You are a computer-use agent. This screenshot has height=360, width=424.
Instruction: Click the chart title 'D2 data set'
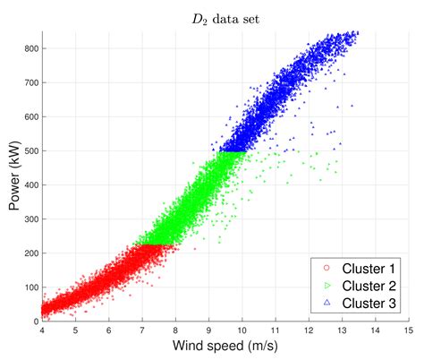[225, 17]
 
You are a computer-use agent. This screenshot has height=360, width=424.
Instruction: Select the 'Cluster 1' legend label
[361, 268]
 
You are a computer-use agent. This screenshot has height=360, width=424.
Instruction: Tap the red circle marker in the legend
[326, 268]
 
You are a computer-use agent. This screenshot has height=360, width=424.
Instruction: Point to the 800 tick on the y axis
[30, 48]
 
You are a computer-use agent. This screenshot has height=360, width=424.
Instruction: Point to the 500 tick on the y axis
[30, 150]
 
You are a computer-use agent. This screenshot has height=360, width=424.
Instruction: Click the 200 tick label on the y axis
[30, 253]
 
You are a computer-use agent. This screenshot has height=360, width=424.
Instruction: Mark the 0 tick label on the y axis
[35, 321]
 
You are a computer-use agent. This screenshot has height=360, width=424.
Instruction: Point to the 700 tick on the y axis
[30, 82]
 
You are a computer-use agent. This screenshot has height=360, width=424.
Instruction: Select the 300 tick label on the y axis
[30, 219]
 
